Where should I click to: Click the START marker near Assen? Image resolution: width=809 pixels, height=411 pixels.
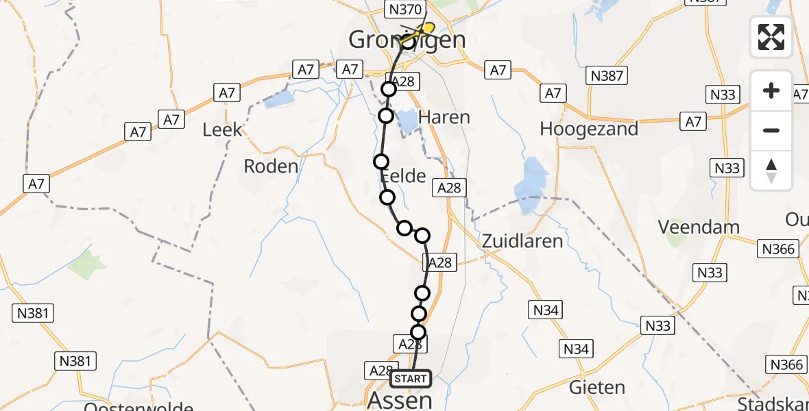(411, 379)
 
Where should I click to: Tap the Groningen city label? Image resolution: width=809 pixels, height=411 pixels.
(407, 40)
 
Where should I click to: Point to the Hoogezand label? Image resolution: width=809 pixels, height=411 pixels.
(589, 129)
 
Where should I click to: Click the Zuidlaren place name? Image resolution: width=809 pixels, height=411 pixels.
(522, 240)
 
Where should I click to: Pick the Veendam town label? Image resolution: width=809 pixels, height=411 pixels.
(699, 227)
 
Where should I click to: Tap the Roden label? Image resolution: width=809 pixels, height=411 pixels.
(271, 166)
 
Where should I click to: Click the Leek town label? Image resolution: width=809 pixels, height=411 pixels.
(222, 129)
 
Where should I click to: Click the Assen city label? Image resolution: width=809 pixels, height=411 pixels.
(400, 400)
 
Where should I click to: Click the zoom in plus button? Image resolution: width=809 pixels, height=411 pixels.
(771, 90)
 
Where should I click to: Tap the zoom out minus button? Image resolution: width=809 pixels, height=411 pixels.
(771, 130)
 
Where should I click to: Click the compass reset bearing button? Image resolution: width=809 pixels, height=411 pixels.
(771, 171)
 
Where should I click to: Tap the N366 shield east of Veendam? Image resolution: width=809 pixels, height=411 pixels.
(778, 249)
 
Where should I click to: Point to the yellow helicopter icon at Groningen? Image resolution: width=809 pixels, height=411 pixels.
(425, 29)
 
